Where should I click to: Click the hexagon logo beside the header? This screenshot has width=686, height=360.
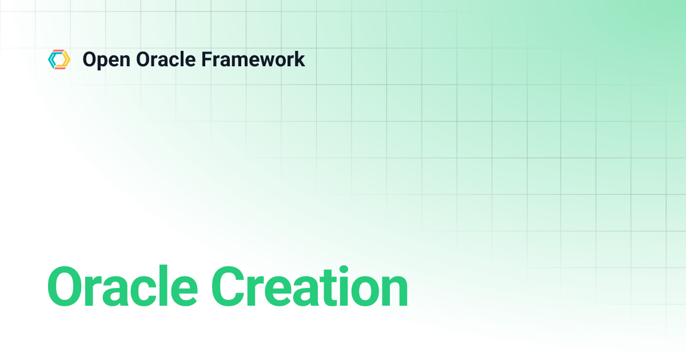59,59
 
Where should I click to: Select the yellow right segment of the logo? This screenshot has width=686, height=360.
66,59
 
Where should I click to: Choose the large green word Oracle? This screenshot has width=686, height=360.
123,287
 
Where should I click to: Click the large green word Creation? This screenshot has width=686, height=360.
309,287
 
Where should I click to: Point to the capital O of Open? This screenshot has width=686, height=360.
89,59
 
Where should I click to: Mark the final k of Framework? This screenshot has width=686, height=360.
300,59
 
